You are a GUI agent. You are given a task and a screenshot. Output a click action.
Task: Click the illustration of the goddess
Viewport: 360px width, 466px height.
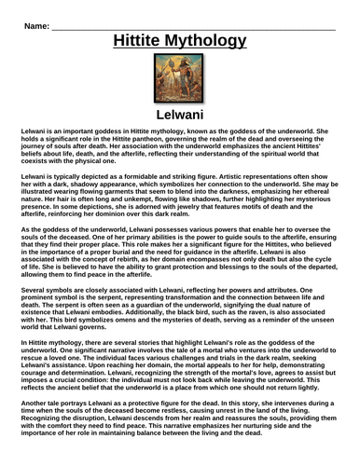click(x=180, y=79)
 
